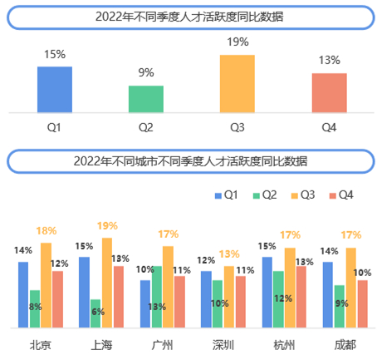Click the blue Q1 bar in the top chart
(x=55, y=89)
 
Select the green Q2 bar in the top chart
(x=146, y=98)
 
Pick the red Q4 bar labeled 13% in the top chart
(x=329, y=91)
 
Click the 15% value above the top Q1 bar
(x=55, y=54)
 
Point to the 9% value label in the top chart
(x=146, y=72)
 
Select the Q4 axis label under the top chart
(x=329, y=127)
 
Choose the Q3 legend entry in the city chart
(x=301, y=195)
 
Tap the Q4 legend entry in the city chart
(x=340, y=195)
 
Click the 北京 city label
(x=40, y=345)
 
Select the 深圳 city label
(x=223, y=345)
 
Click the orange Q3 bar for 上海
(x=107, y=282)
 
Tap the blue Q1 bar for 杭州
(x=267, y=291)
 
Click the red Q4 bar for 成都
(x=362, y=303)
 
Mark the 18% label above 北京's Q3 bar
(x=47, y=230)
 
